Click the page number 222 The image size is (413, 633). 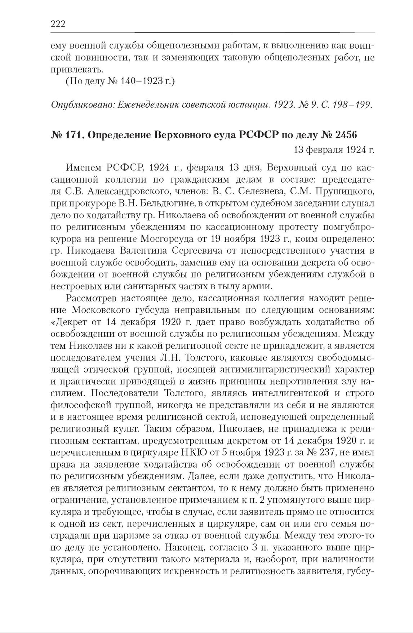coord(57,24)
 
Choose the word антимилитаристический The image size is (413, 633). coord(271,369)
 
